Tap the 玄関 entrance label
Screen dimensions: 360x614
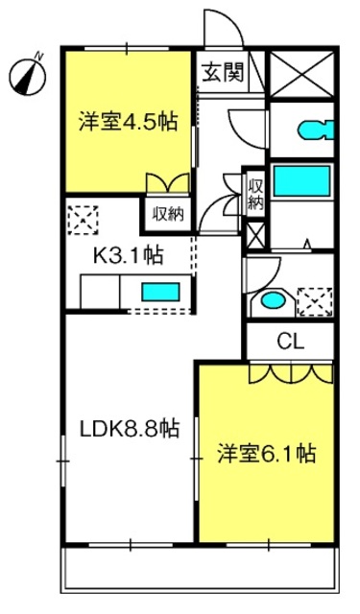click(x=223, y=72)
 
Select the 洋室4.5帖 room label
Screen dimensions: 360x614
click(x=128, y=122)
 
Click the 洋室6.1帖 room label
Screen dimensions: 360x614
click(x=266, y=453)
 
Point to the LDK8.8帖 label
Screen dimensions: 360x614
click(x=130, y=428)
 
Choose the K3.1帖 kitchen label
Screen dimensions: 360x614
click(x=128, y=256)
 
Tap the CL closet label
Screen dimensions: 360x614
click(x=290, y=342)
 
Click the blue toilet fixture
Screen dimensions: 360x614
click(x=316, y=130)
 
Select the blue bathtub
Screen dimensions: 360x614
click(x=301, y=181)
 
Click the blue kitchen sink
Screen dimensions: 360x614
click(x=160, y=292)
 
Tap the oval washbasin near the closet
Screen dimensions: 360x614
click(x=273, y=300)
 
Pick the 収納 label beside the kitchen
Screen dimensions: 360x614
click(x=168, y=214)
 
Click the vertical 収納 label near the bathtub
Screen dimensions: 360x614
click(x=255, y=195)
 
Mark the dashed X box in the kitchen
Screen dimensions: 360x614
click(x=83, y=220)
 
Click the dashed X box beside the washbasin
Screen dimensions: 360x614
click(x=315, y=302)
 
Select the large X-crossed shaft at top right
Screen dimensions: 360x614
click(x=301, y=73)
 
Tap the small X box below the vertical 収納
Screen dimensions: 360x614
click(x=255, y=236)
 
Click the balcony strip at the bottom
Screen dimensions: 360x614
click(x=200, y=569)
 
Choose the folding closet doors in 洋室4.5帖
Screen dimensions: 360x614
click(x=168, y=182)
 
